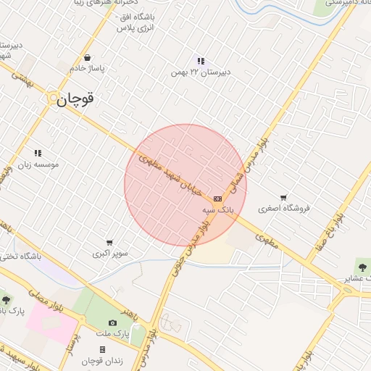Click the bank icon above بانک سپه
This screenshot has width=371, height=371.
coord(217,199)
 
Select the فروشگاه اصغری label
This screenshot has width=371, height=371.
coord(285,209)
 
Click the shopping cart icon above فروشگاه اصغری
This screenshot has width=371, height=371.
coord(283,197)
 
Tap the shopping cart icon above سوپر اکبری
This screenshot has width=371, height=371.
coord(109,243)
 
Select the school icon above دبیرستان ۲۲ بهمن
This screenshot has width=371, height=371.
coord(201,61)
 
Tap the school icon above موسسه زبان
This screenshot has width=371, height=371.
coord(38,154)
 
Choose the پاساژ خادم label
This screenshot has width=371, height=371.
coord(88,68)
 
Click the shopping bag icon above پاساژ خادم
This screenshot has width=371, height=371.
coord(88,57)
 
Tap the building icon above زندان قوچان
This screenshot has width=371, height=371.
coord(102,350)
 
